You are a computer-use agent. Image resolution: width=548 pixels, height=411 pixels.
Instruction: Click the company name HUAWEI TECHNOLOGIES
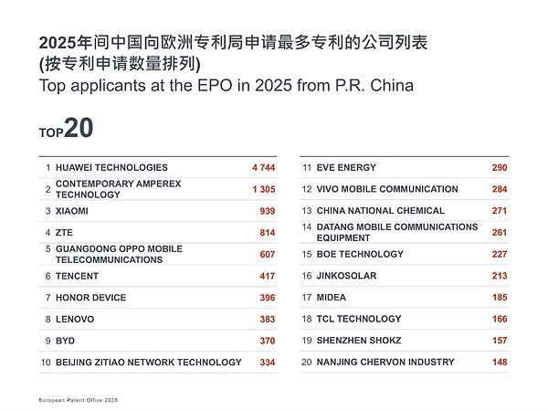coord(111,168)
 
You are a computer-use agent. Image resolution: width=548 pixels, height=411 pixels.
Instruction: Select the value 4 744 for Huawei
coord(262,168)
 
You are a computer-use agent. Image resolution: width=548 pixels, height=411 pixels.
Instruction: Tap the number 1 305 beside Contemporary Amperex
coord(262,189)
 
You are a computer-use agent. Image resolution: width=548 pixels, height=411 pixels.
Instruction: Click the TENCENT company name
coord(79,276)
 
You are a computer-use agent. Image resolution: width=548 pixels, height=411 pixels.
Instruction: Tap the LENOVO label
coord(75,320)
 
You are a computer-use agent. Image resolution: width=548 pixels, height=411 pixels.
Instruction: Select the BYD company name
coord(66,341)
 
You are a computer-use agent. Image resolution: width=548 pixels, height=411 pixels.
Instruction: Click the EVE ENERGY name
coord(346,168)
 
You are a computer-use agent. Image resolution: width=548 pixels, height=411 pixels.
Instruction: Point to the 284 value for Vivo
coord(499,189)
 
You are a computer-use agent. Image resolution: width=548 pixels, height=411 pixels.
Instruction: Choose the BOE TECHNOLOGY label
coord(359,254)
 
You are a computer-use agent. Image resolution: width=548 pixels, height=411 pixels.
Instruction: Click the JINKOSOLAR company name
coord(346,276)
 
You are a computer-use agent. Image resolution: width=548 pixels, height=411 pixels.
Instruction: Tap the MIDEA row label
coord(332,298)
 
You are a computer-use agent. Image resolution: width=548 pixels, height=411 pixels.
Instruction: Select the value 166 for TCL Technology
coord(499,320)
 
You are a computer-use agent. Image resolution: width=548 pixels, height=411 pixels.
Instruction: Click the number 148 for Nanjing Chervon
coord(499,363)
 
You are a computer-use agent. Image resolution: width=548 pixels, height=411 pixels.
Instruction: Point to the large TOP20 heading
coord(66,130)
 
